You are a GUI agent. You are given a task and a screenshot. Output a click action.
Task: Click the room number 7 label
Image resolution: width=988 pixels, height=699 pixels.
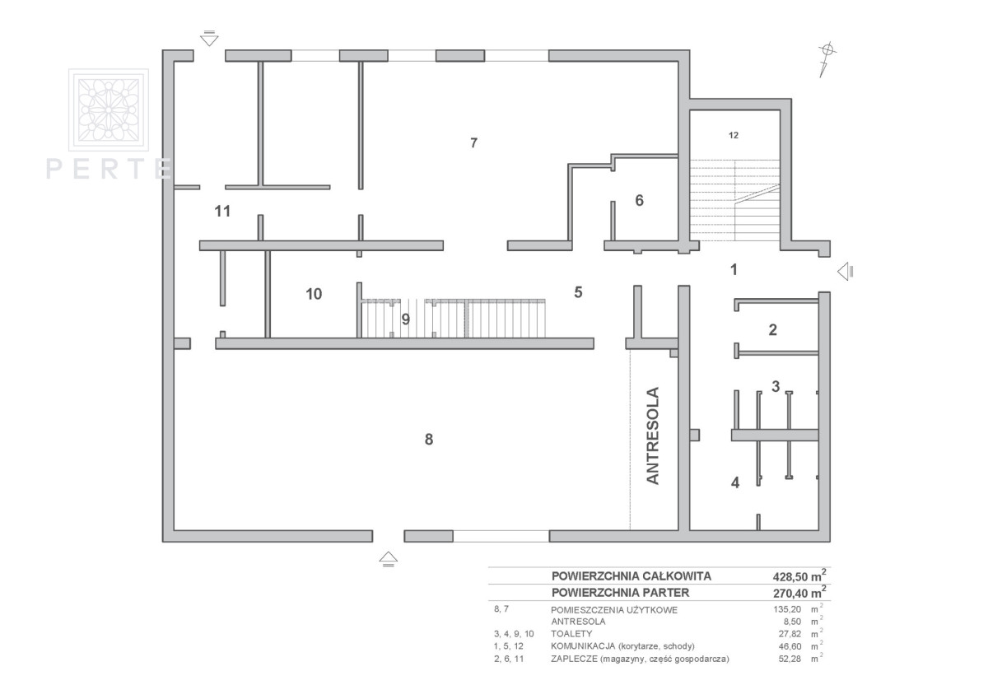[x=473, y=143]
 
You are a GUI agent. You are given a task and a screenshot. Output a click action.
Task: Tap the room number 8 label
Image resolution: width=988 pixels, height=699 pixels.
[x=429, y=440]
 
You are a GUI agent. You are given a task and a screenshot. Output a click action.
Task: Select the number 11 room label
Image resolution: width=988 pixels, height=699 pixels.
[x=222, y=212]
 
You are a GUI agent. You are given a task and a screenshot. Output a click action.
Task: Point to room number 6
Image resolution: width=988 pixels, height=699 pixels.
[x=639, y=201]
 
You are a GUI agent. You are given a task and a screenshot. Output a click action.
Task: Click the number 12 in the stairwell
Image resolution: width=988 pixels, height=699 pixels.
[x=734, y=135]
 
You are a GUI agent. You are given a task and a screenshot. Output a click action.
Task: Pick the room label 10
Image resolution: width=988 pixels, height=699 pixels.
[x=314, y=294]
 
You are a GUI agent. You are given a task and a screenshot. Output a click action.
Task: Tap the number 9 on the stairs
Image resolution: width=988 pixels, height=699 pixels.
[x=406, y=319]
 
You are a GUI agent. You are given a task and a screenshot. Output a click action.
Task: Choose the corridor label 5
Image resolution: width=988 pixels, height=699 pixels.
[x=578, y=292]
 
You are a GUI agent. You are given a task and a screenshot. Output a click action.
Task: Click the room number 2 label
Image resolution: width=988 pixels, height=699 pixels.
[x=773, y=330]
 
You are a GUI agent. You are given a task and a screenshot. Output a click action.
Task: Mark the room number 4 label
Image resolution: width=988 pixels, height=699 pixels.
[x=735, y=483]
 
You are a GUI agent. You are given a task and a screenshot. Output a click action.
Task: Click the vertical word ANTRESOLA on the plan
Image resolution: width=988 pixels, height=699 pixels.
[x=652, y=436]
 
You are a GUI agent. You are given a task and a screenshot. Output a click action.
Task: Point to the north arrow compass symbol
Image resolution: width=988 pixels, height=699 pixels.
[x=827, y=60]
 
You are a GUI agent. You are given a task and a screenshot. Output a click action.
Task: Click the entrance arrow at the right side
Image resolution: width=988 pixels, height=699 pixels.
[x=845, y=271]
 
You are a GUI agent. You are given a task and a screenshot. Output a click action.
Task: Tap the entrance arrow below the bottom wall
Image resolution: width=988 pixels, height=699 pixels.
[x=388, y=559]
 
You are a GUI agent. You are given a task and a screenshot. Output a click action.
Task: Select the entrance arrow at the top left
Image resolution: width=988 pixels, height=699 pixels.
[x=209, y=39]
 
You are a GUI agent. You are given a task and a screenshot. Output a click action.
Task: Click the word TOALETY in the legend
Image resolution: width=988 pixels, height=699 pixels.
[x=571, y=634]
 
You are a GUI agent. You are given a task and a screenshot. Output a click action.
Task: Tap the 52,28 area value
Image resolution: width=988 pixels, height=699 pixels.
[x=790, y=659]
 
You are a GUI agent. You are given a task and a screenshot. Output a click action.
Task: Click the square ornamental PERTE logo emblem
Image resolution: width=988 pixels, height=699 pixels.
[x=109, y=110]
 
